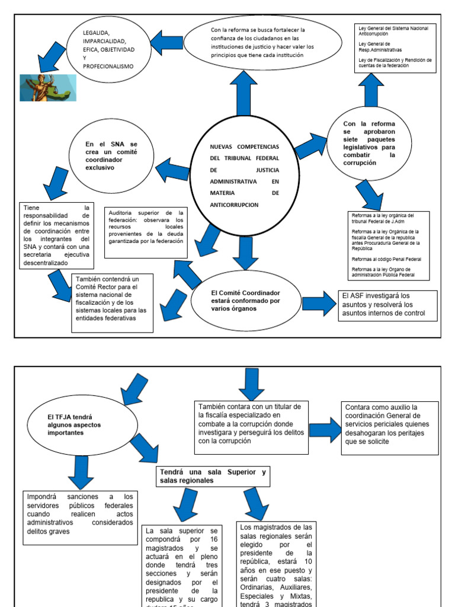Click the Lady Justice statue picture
[x=48, y=87]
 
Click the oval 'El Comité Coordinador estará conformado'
[x=245, y=301]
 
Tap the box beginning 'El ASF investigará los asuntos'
[x=387, y=305]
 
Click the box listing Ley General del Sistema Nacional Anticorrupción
[x=396, y=48]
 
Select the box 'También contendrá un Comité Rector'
[x=111, y=302]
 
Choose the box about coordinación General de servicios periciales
[x=390, y=427]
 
